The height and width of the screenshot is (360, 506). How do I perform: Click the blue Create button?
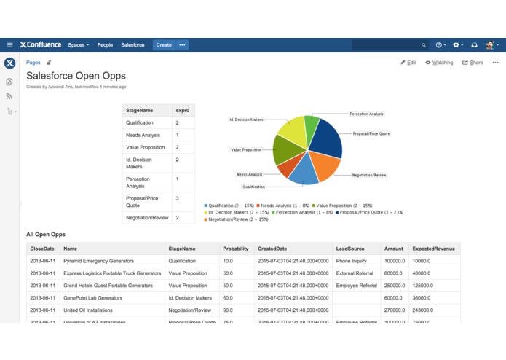pos(164,45)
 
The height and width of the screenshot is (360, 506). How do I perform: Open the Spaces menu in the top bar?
pos(78,45)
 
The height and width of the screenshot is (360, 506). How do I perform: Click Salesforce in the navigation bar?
pos(133,45)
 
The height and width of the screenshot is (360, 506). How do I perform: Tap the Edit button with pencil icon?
pos(408,63)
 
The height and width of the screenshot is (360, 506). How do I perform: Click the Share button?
pos(473,63)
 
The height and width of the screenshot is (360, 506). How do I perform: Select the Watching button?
pos(439,63)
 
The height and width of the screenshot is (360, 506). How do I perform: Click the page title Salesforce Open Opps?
pos(76,76)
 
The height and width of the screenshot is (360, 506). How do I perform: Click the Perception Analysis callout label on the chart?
pos(366,114)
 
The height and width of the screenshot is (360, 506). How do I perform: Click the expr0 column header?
pos(182,110)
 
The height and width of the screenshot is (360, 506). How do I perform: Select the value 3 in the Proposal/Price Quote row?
pos(177,198)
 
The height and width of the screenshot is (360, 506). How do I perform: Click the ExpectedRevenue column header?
pos(432,249)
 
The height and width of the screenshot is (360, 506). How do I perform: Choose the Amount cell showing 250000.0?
pos(395,286)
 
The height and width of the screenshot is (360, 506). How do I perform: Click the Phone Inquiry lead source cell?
pos(352,260)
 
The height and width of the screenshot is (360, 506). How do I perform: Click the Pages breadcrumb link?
pos(33,63)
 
